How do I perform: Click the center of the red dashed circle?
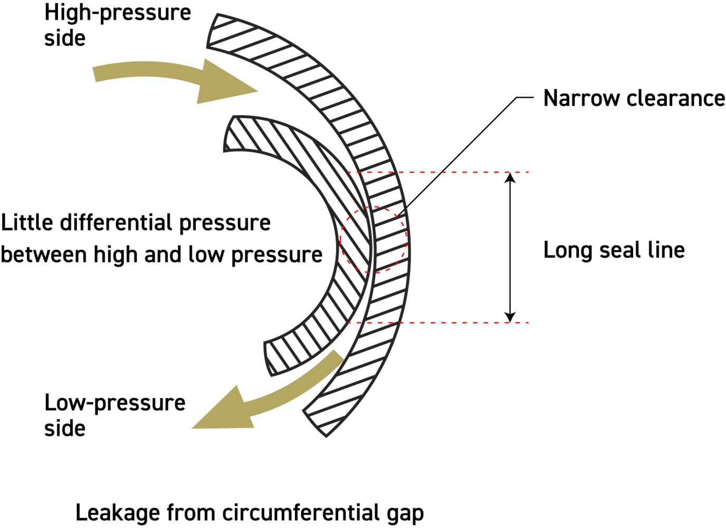(x=373, y=239)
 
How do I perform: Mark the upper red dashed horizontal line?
(x=448, y=173)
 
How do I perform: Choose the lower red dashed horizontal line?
(x=448, y=323)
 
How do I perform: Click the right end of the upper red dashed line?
(x=530, y=173)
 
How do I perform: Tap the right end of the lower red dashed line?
(x=530, y=323)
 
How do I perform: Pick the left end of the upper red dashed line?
(x=349, y=172)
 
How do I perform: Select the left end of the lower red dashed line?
(x=349, y=323)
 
